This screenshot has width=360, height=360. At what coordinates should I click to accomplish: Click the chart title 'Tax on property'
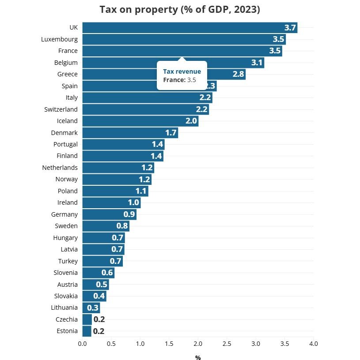180,10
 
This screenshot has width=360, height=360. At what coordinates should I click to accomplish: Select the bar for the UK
189,28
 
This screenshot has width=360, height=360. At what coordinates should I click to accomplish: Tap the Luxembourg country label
59,39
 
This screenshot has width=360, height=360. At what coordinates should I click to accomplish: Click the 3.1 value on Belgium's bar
257,63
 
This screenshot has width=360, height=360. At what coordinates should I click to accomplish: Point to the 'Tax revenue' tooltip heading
182,71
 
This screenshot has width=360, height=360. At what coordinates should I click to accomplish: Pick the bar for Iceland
140,121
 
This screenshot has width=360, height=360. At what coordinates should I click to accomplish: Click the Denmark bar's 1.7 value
171,133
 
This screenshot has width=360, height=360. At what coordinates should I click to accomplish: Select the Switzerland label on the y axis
61,109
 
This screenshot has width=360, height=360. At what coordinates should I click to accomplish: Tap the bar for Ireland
111,203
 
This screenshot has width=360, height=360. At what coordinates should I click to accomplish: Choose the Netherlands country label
60,168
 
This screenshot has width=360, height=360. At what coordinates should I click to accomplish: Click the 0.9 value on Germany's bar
129,214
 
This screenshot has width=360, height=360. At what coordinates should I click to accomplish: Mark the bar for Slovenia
98,273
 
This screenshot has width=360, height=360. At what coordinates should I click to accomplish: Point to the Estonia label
67,331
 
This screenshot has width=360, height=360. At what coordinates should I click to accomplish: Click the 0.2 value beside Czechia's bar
99,319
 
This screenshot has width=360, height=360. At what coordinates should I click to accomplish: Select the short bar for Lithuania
91,307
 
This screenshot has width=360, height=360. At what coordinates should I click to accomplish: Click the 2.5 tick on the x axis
227,343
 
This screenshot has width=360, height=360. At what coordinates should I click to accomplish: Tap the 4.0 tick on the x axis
313,343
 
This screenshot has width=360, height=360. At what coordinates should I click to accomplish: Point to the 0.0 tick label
82,343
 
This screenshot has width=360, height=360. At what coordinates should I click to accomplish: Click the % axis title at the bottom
198,358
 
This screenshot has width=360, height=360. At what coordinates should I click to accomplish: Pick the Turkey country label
68,261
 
